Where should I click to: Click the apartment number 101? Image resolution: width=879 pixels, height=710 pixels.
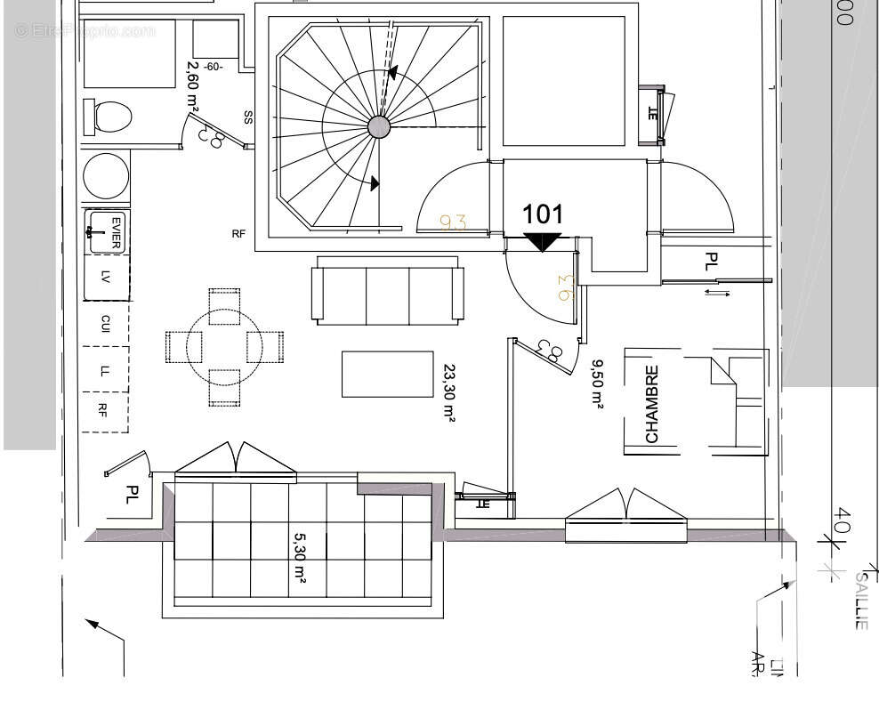[542, 214]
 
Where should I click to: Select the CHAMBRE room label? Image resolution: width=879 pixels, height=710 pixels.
[652, 404]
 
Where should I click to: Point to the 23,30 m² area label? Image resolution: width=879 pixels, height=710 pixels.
[449, 391]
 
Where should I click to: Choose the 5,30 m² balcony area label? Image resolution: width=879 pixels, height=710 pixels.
[300, 559]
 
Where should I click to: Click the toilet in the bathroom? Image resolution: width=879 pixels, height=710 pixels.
[108, 117]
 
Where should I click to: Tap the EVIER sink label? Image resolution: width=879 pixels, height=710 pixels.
[116, 231]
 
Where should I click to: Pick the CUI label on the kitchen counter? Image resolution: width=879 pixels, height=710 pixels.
[105, 324]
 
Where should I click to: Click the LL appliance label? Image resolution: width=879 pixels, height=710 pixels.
[105, 370]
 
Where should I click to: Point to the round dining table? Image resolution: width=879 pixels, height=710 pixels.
[224, 347]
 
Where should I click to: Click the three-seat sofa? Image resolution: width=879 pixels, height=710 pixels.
[388, 294]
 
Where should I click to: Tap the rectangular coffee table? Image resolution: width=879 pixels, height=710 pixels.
[387, 374]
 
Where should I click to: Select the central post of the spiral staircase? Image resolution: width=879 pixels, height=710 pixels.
[379, 126]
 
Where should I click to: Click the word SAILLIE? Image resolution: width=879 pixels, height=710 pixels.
[861, 601]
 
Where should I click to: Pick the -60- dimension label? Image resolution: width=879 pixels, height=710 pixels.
[214, 67]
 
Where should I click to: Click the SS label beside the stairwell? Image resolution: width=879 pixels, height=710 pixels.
[248, 117]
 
